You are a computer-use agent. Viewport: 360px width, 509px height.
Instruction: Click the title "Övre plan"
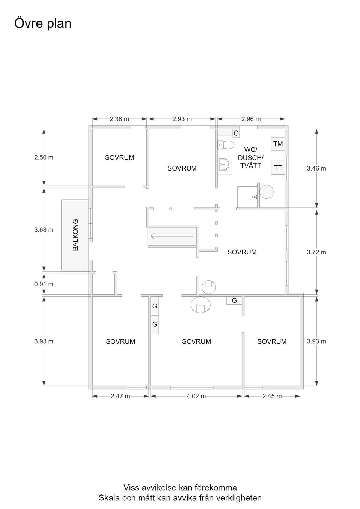43,24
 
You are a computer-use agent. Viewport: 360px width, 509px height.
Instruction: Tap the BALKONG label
75,235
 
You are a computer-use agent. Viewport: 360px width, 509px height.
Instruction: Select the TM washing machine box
278,144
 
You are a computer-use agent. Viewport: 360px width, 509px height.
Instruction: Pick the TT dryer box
278,168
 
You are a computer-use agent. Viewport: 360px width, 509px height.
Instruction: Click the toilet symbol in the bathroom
226,145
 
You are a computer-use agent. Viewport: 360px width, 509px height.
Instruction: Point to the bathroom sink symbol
224,164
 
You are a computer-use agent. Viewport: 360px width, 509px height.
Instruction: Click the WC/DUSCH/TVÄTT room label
250,157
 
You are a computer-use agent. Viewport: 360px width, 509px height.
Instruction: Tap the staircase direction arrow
172,236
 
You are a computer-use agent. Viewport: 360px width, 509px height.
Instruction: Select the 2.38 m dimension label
119,119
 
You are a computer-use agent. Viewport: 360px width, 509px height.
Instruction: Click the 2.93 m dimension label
182,119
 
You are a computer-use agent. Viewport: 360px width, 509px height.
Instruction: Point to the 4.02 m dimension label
196,396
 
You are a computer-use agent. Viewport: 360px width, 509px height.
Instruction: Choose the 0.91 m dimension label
44,284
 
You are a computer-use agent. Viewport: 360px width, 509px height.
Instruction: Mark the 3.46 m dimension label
316,168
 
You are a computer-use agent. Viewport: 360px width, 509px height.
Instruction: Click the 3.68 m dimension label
44,230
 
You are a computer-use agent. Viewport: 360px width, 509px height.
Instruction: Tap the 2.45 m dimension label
272,396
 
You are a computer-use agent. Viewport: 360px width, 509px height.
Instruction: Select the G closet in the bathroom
236,133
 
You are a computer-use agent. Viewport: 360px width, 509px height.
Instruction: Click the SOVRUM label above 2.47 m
120,341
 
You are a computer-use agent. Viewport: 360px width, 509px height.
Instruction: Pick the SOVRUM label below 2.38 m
120,157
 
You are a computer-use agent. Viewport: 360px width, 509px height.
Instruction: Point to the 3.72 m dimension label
316,252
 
